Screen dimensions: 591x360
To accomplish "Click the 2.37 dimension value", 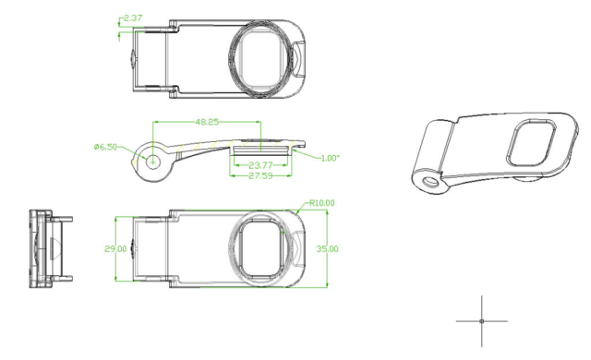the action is click(133, 18).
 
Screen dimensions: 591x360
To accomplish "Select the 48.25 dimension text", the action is click(207, 122).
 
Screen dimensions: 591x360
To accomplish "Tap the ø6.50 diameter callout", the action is click(105, 147).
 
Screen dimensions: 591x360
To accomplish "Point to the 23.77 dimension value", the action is click(260, 165).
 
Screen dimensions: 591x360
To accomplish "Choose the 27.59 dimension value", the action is click(260, 175).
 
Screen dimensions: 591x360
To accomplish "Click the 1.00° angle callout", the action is click(331, 158).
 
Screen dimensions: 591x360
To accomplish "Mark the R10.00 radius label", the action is click(322, 203).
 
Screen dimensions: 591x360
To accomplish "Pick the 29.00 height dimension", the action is click(115, 249).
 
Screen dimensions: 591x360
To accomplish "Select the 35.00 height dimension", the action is click(327, 249).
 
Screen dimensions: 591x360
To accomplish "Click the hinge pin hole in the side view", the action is click(153, 162).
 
